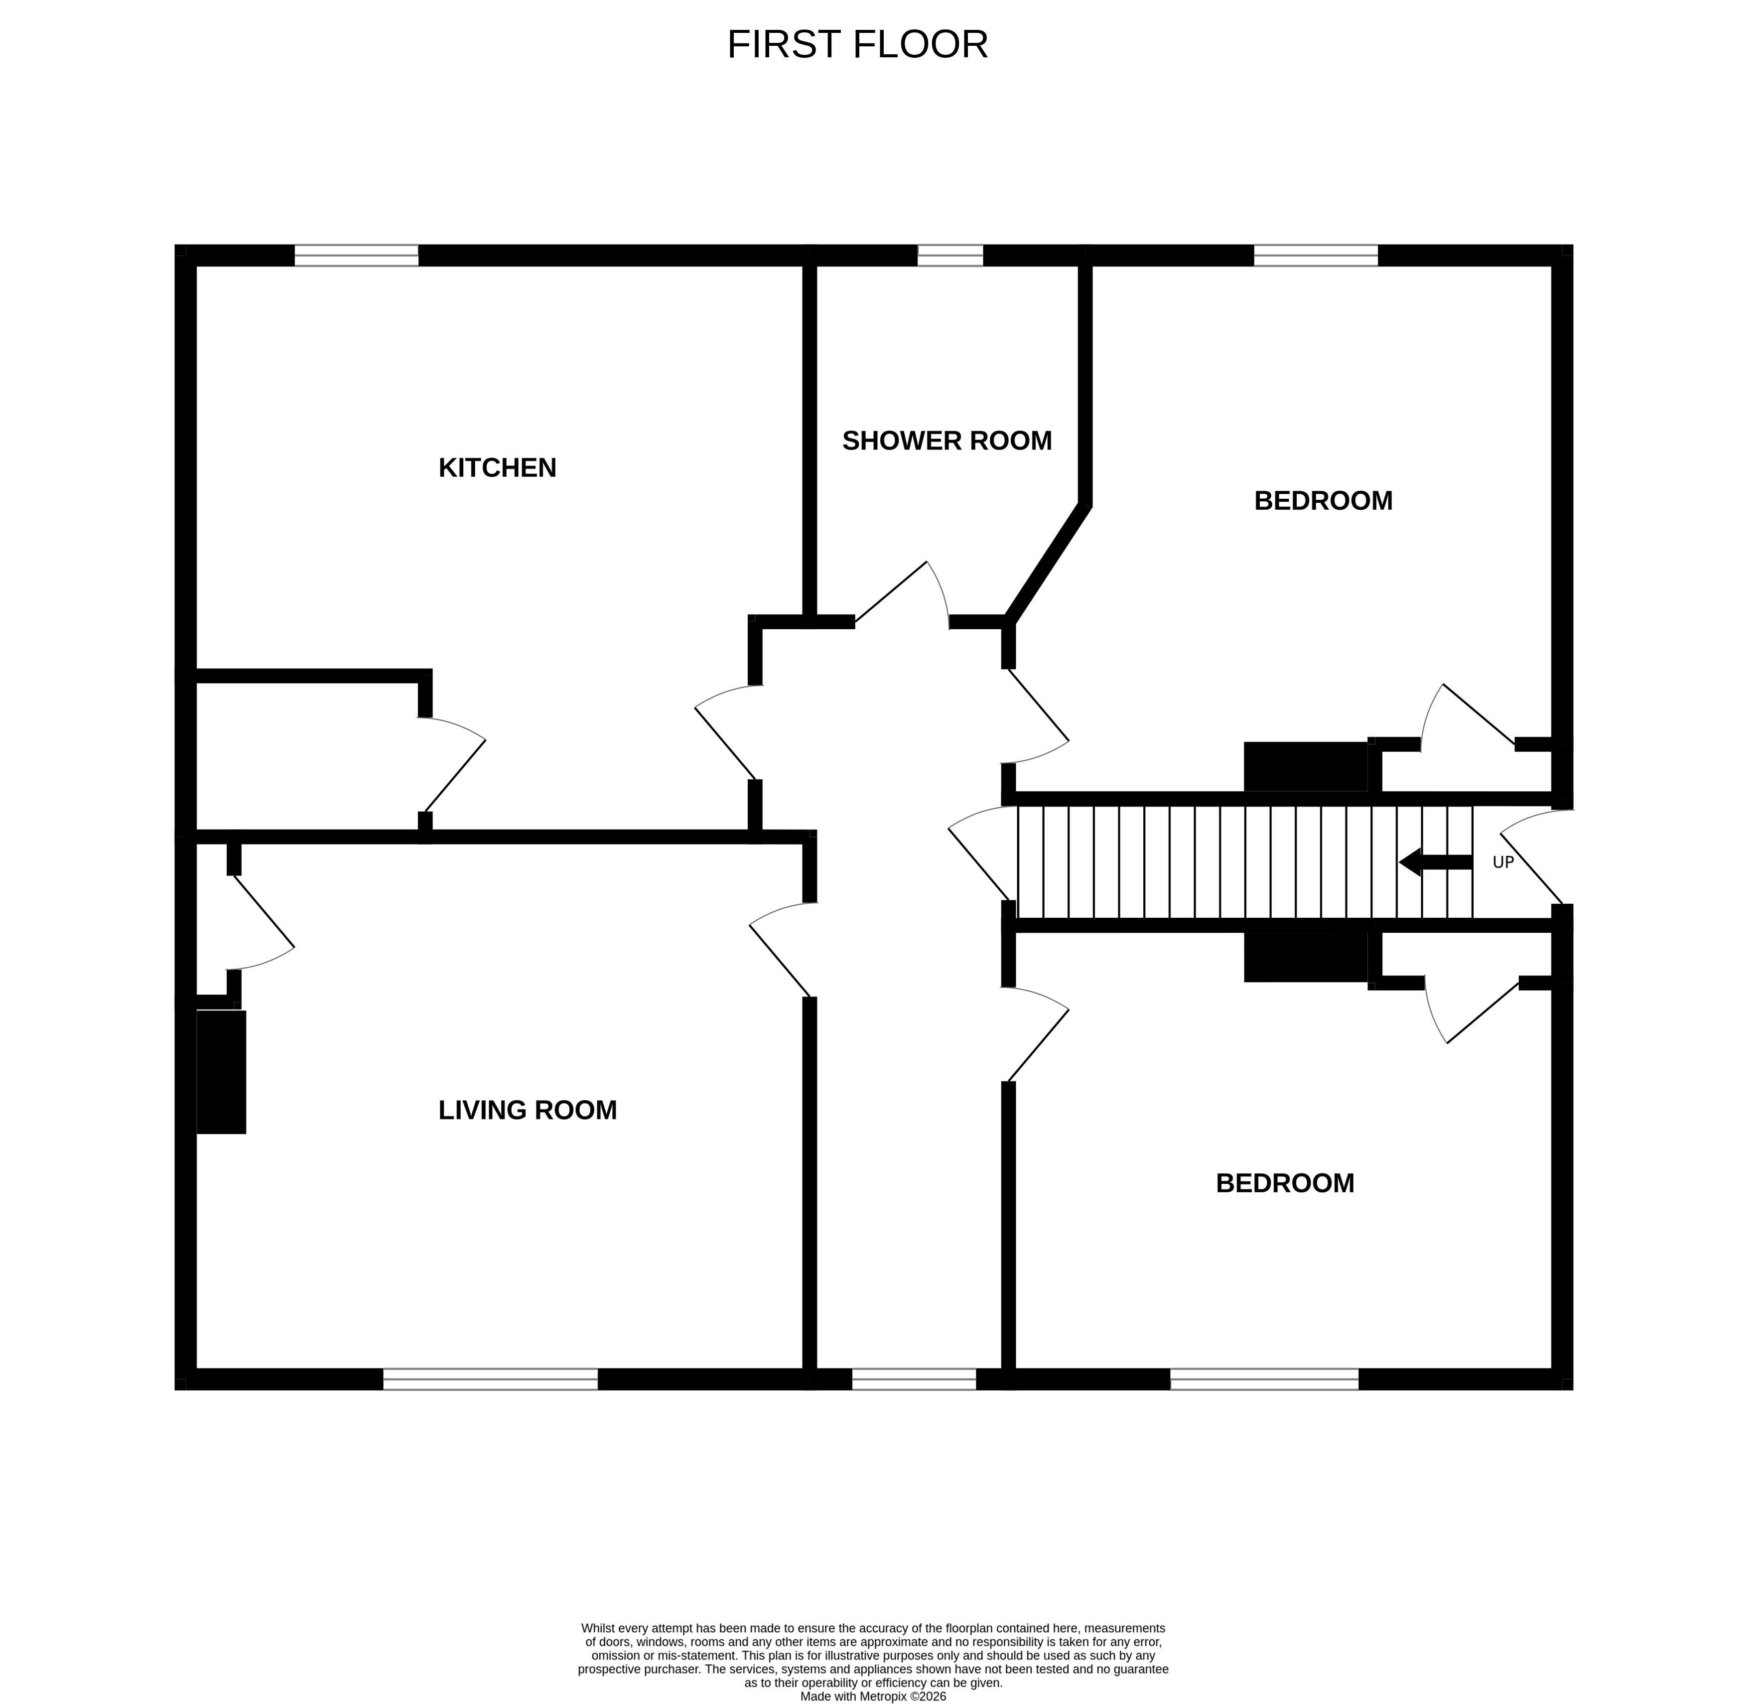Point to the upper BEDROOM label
point(1322,500)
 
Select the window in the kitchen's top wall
point(356,255)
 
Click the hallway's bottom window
point(913,1379)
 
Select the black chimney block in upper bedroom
point(1305,767)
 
